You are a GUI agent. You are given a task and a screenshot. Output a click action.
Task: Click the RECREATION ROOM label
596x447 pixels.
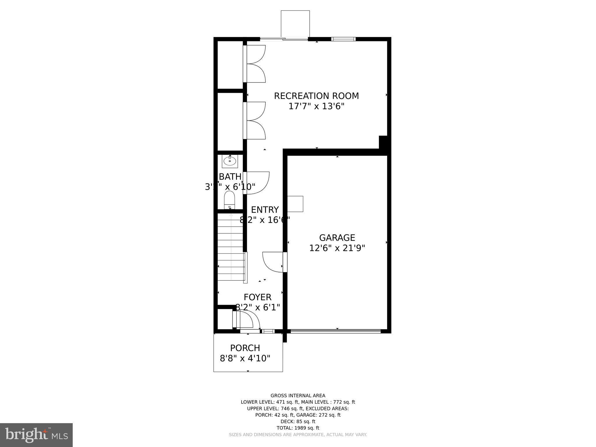[316, 96]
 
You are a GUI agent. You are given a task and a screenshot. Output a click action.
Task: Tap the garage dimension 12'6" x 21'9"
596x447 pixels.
[337, 248]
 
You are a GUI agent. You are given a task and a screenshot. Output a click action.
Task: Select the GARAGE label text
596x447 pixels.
[337, 238]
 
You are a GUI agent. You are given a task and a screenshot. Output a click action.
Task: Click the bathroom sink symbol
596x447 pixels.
[230, 161]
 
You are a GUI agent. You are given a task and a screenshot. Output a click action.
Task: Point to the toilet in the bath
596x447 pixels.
[229, 200]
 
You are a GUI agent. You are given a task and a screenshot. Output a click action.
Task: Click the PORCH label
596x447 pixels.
[245, 348]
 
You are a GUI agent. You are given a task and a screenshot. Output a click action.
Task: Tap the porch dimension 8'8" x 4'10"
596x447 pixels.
[245, 358]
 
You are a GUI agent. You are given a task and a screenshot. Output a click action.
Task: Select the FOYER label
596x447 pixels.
[258, 297]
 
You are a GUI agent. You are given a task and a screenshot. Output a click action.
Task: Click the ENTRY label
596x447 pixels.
[265, 210]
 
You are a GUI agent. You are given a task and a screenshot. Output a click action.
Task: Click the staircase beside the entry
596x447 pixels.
[231, 247]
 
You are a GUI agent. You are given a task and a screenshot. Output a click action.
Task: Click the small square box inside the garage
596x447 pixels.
[295, 204]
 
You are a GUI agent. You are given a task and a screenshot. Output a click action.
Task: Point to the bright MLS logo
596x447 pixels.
[36, 435]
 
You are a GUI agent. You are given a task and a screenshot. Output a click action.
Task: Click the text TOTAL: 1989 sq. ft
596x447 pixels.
[298, 428]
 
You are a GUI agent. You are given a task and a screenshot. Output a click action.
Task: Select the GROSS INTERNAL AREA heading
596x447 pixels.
[298, 395]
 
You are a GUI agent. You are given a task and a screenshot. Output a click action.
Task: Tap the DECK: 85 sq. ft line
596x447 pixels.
[298, 421]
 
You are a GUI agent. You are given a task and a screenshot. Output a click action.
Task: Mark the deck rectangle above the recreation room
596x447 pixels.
[295, 24]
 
